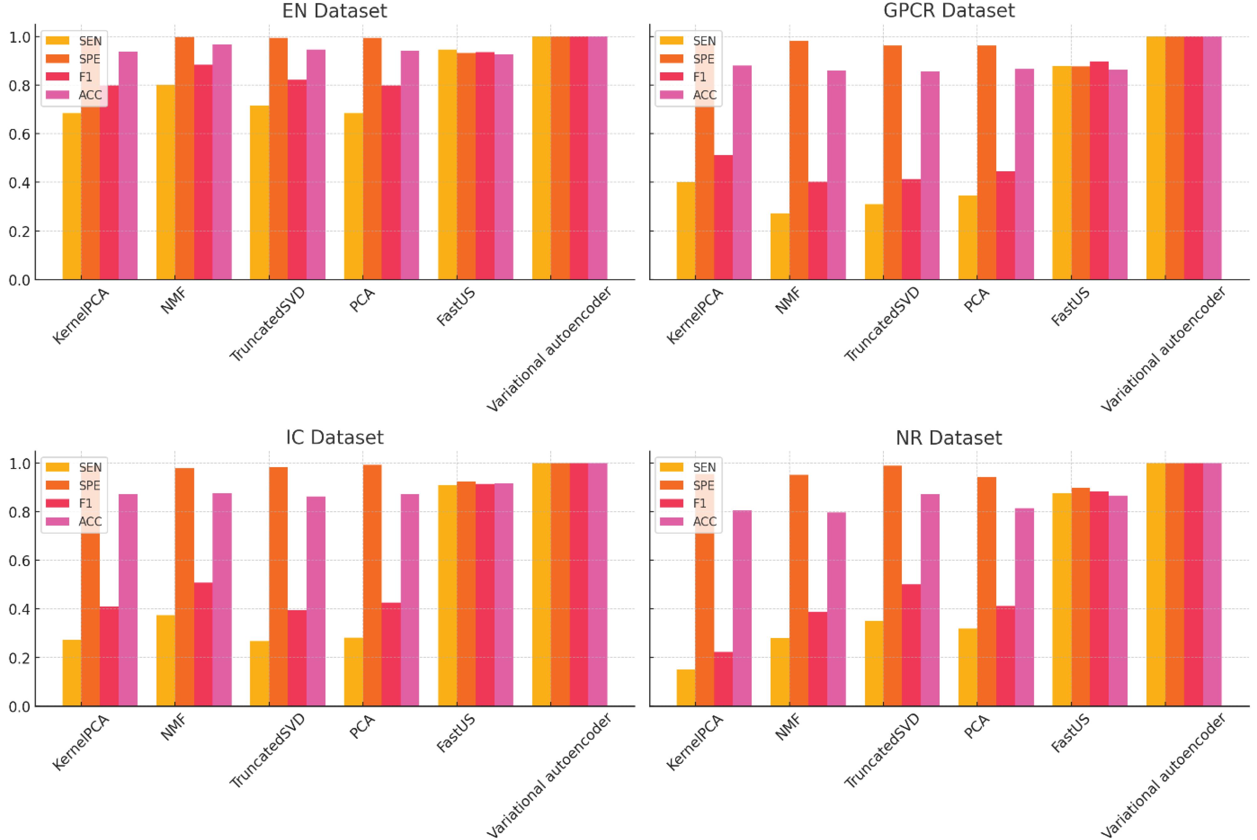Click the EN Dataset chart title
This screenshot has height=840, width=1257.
click(334, 11)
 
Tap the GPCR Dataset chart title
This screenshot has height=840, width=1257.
click(948, 11)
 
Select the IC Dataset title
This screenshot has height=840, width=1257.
click(334, 438)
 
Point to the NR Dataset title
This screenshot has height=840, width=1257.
click(948, 438)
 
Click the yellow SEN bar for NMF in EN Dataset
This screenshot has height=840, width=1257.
click(166, 182)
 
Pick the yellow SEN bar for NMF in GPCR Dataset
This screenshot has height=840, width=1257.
click(780, 246)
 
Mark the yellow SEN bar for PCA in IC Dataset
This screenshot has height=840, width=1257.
click(353, 672)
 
